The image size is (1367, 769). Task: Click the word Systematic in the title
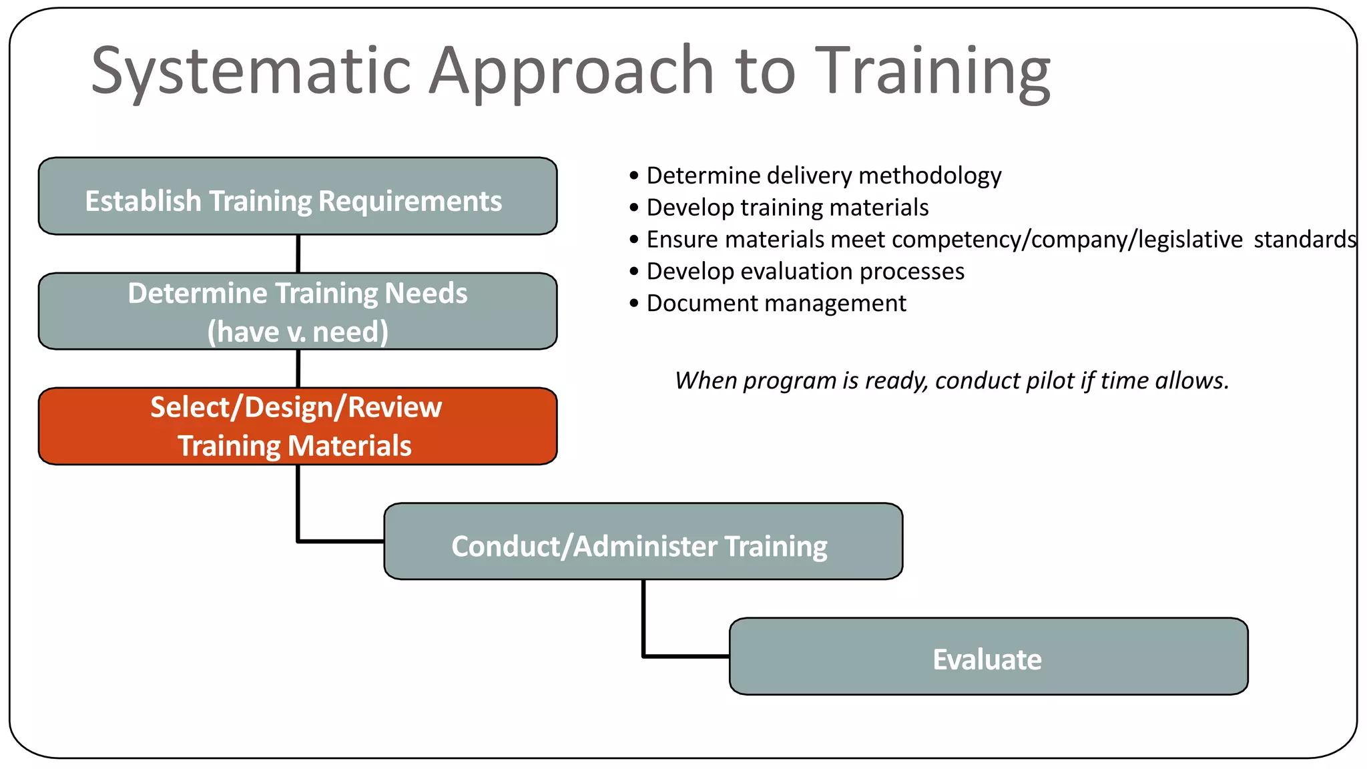250,71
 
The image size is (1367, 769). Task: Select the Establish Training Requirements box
298,197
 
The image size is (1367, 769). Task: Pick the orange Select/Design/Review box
298,427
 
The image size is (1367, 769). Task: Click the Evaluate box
988,657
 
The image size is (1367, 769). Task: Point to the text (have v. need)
298,332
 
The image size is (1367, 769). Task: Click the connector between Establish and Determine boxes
298,254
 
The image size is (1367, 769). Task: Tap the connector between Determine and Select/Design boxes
298,368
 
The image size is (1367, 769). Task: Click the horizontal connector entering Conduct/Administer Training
340,541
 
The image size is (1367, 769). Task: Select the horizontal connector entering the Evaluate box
686,656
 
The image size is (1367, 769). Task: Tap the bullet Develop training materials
788,208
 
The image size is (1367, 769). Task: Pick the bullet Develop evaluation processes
805,271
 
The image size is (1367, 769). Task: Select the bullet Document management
776,303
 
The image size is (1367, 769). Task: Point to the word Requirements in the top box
410,201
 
